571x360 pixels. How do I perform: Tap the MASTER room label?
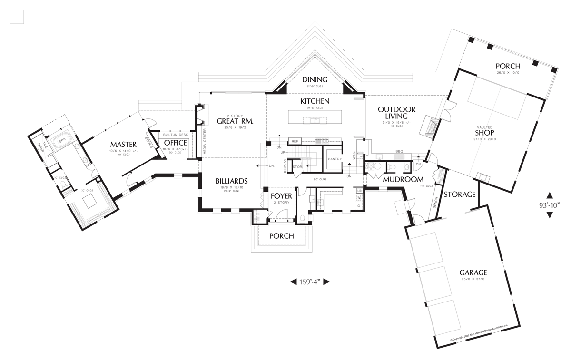point(124,144)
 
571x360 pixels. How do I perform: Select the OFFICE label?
point(176,143)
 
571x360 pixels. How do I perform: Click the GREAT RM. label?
point(235,121)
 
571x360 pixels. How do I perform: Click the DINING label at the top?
point(315,79)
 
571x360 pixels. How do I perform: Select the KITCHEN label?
point(315,102)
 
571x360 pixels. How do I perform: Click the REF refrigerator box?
point(295,141)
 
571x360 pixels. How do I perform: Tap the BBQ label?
point(399,152)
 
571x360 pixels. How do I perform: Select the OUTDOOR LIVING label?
point(396,113)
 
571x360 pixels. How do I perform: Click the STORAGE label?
point(460,195)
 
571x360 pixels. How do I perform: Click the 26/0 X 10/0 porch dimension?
point(508,73)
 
